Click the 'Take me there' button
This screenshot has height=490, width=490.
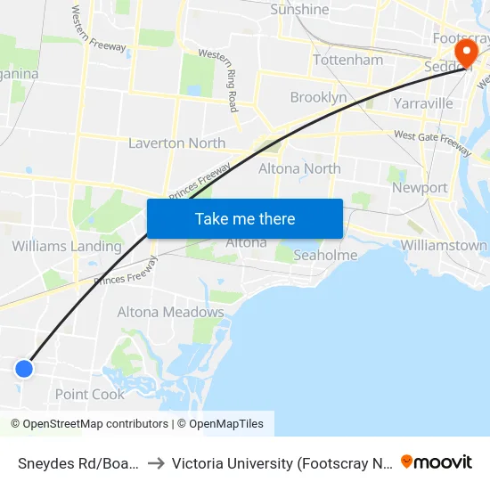coord(245,218)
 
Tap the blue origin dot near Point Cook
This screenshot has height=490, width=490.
coord(24,368)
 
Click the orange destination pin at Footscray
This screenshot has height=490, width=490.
coord(463,53)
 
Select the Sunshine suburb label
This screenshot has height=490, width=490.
coord(299,10)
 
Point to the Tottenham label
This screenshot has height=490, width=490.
coord(347,60)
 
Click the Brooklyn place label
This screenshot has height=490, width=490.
coord(318,97)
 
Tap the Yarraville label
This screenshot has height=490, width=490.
coord(423,103)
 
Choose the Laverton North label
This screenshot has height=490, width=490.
coord(176,143)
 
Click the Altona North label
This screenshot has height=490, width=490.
coord(299,168)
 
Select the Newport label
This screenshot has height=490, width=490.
coord(420,188)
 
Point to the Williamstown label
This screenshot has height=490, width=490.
coord(444,245)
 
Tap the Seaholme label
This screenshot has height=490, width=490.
coord(325,255)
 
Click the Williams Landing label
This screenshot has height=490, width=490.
coord(67,246)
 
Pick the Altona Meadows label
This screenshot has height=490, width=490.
coord(170,312)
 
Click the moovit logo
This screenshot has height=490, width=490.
coord(437,461)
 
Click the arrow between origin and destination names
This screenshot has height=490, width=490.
coord(157,463)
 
